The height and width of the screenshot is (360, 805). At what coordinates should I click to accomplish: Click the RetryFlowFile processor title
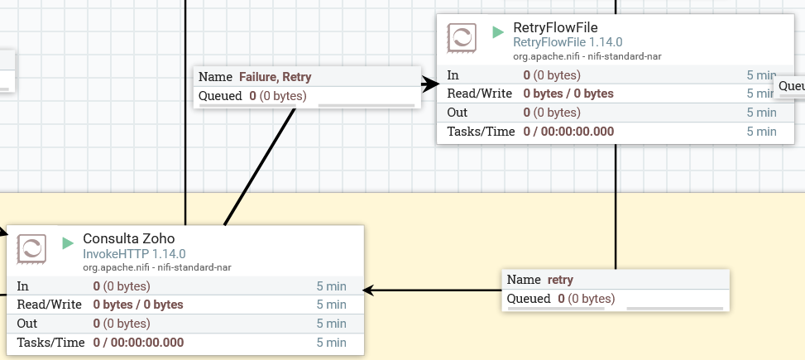[x=555, y=27]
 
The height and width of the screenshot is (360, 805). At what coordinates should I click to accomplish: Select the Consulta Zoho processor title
[x=128, y=238]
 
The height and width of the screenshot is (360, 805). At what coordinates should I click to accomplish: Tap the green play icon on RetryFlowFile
[x=498, y=32]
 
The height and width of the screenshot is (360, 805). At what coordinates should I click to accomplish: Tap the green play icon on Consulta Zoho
[x=68, y=243]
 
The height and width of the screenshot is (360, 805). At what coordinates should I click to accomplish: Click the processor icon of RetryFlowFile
[x=461, y=38]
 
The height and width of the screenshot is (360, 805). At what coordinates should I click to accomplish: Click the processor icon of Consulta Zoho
[x=31, y=248]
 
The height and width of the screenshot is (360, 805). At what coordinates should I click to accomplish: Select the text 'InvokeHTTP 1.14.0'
[x=134, y=254]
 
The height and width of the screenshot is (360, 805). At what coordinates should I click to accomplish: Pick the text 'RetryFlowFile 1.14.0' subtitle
[x=568, y=42]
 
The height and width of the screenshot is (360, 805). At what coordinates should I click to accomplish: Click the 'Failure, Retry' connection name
[x=275, y=77]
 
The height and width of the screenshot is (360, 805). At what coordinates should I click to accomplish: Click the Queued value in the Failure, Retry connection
[x=277, y=96]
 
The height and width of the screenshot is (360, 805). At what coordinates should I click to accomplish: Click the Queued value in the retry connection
[x=585, y=299]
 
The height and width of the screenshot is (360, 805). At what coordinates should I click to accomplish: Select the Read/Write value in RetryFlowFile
[x=568, y=94]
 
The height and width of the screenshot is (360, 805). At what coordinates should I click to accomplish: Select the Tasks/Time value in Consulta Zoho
[x=138, y=342]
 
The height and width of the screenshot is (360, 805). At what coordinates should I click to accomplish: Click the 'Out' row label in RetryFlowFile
[x=457, y=113]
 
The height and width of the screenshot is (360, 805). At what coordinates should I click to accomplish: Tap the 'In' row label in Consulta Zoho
[x=23, y=286]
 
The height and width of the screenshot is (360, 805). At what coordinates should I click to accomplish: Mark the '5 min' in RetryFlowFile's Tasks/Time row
[x=761, y=131]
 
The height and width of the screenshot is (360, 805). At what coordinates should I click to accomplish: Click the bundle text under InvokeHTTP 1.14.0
[x=156, y=266]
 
